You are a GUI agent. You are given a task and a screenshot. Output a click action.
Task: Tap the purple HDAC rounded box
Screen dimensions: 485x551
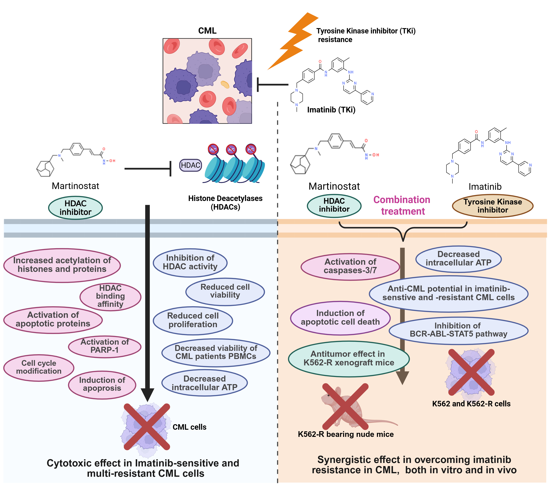[190, 165]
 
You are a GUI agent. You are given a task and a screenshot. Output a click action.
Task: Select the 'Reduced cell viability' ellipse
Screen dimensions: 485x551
[225, 291]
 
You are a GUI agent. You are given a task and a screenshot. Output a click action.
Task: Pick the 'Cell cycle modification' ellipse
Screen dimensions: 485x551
[39, 367]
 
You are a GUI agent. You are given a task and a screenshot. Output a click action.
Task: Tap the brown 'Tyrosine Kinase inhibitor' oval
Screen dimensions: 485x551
[493, 206]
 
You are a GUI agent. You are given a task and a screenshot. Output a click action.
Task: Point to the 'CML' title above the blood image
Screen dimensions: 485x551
[207, 31]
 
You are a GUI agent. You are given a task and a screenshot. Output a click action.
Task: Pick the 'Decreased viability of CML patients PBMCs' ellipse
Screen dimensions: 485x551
[216, 352]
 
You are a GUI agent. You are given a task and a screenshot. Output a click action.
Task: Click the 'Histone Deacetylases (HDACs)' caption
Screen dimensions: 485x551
[225, 202]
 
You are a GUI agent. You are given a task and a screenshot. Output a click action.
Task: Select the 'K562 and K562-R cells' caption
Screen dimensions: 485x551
[471, 404]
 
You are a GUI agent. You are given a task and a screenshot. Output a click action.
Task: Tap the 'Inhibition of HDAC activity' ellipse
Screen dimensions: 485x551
[190, 262]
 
